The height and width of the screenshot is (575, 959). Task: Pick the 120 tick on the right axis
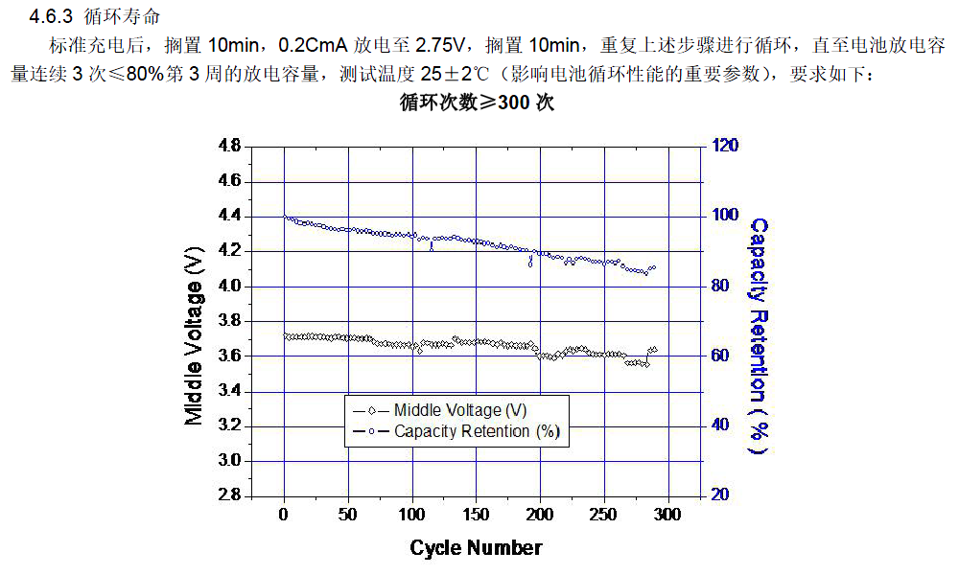(x=724, y=147)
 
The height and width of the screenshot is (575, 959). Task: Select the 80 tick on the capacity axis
(x=720, y=286)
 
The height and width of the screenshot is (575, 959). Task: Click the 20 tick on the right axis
(x=720, y=494)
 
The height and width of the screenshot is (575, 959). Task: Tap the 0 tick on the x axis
(x=284, y=515)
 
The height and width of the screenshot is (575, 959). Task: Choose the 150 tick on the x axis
(x=476, y=515)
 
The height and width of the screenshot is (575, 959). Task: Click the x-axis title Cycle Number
(x=476, y=548)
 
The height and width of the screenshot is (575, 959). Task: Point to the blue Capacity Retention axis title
(x=758, y=335)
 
